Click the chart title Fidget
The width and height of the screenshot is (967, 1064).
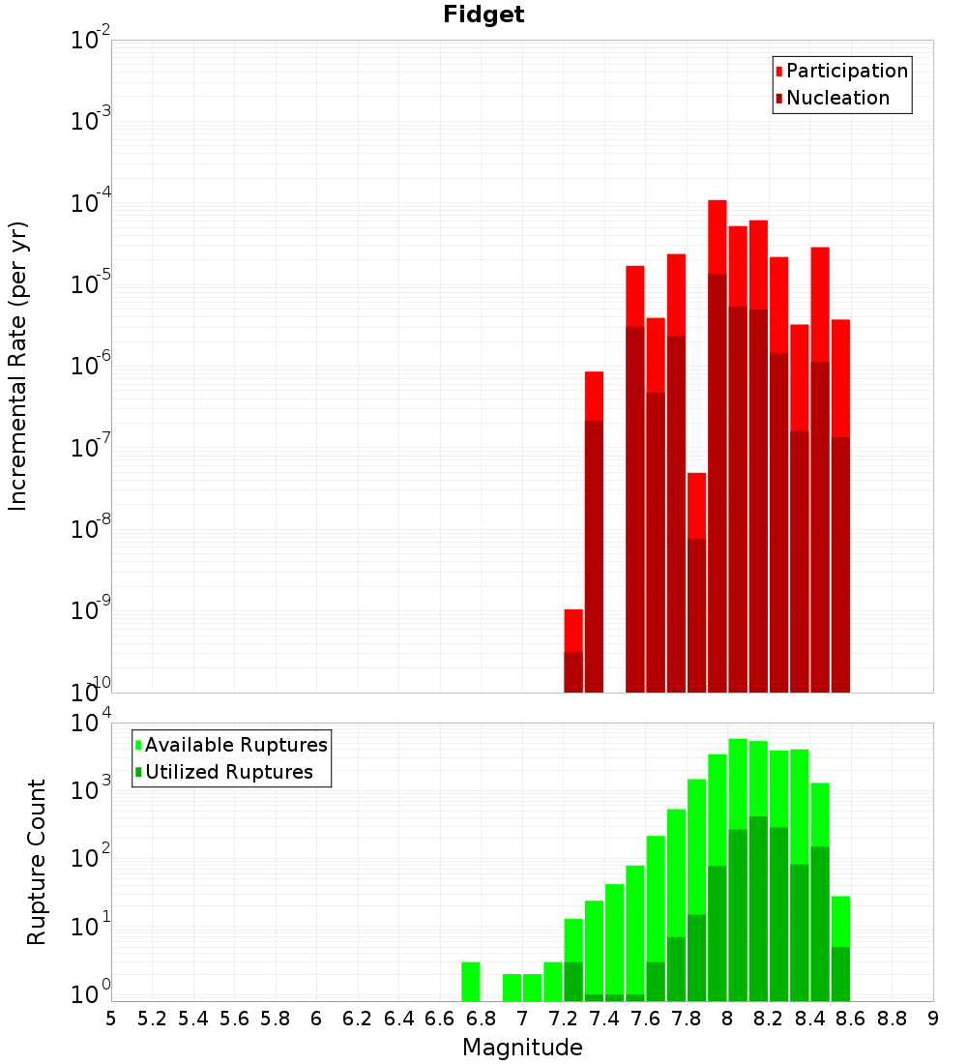coord(483,15)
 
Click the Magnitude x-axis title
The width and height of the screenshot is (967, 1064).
coord(522,1048)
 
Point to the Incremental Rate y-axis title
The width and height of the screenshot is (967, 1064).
coord(18,367)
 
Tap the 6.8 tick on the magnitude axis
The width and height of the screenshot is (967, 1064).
coord(481,1019)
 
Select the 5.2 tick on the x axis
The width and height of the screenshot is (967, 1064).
coord(152,1019)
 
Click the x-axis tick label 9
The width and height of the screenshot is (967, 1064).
coord(933,1019)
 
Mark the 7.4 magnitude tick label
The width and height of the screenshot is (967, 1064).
coord(604,1019)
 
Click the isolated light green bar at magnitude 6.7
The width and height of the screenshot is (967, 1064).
coord(471,981)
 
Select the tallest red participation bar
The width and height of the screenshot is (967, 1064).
coord(718,237)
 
